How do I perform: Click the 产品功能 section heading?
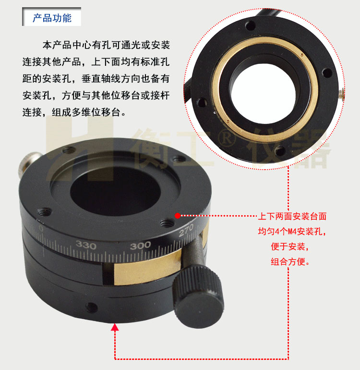52,18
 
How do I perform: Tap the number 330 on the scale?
86,246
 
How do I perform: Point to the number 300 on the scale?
140,245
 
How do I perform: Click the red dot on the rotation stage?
178,216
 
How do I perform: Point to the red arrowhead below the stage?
115,327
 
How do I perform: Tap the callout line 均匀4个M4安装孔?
292,232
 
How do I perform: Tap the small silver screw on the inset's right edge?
342,94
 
